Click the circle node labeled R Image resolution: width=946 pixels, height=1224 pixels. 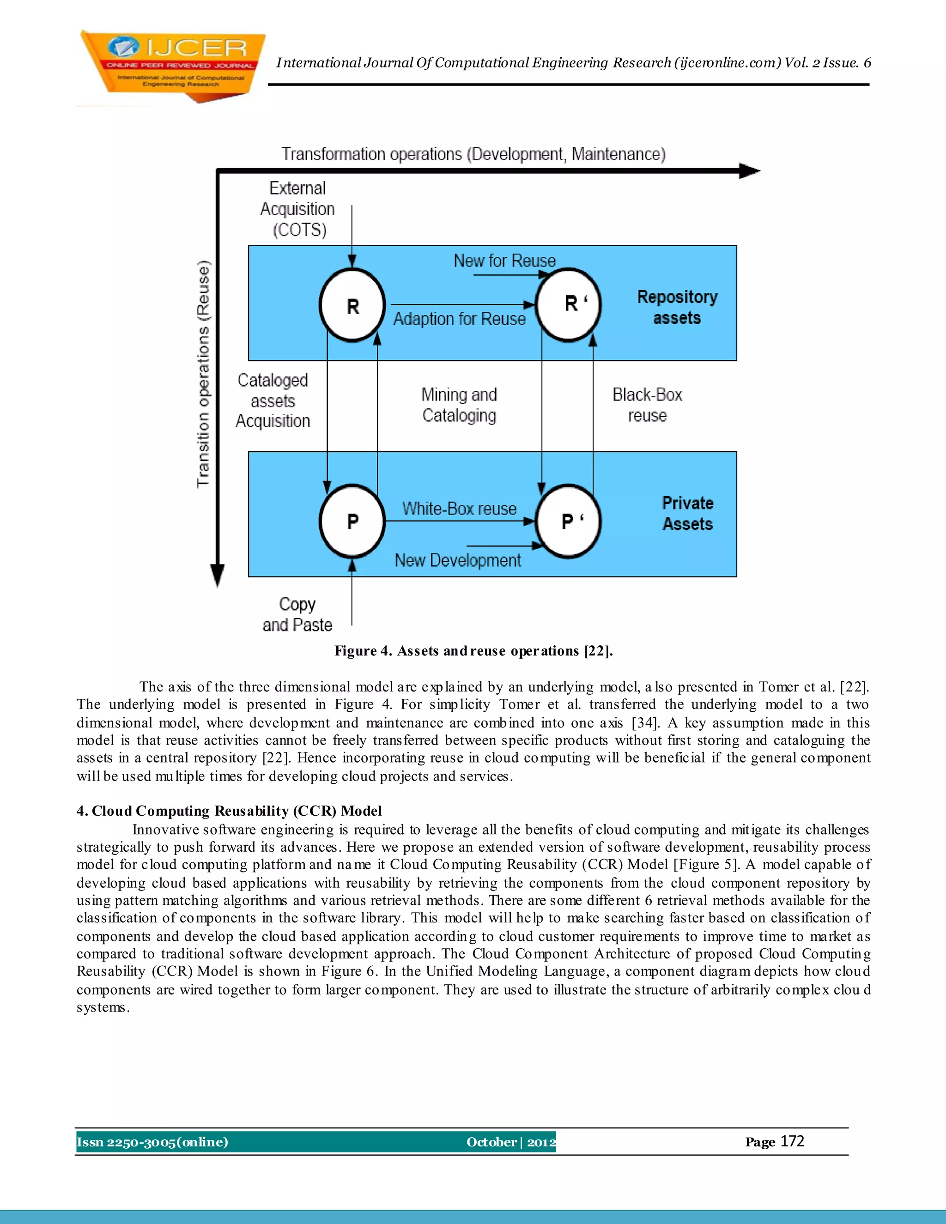point(352,305)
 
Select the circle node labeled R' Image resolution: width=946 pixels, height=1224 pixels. point(568,304)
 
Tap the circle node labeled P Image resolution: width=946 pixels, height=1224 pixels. point(352,521)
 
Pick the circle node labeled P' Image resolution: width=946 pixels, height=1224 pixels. point(568,521)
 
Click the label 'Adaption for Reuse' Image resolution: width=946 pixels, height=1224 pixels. point(459,319)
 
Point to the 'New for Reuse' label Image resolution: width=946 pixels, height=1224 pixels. point(504,261)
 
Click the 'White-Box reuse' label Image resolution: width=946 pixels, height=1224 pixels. point(459,509)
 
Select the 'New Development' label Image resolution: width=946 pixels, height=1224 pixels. point(457,560)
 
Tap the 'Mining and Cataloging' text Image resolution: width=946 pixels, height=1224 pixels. point(459,405)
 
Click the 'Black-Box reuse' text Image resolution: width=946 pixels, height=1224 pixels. point(647,405)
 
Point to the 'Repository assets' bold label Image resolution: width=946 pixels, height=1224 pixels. point(677,307)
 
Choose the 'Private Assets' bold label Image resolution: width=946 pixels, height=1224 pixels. point(688,513)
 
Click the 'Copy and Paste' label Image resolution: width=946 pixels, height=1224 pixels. point(297,614)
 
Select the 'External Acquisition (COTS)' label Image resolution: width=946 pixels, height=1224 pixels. point(297,209)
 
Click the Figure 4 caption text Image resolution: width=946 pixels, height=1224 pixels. point(473,651)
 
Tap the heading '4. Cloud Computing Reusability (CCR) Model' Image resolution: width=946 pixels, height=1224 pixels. point(229,811)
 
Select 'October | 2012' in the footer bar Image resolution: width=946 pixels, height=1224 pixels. point(510,1142)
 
